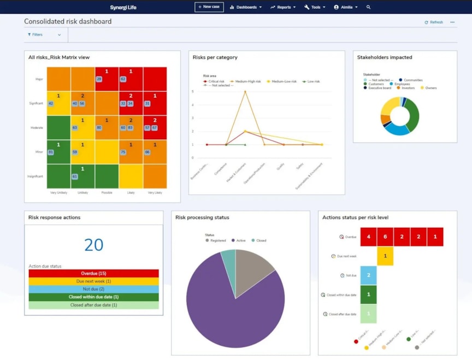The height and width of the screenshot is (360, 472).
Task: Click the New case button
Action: click(209, 7)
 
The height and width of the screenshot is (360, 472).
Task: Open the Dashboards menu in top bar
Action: click(245, 7)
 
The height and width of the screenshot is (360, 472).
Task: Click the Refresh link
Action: click(433, 22)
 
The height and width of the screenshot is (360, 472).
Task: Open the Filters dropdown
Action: click(44, 34)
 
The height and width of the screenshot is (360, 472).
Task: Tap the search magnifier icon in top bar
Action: click(368, 7)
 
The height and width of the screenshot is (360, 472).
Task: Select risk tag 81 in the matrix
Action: click(51, 152)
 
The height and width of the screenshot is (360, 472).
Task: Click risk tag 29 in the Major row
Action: click(99, 79)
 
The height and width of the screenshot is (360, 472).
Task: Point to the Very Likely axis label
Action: click(155, 192)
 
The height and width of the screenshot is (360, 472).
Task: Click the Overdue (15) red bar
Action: click(93, 273)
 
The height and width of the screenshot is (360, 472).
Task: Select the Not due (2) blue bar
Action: click(93, 289)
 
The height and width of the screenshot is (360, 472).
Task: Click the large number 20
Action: click(93, 245)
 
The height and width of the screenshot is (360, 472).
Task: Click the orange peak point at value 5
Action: click(245, 92)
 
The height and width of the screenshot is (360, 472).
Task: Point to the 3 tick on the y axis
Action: click(192, 118)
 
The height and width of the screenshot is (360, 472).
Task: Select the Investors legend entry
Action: click(406, 88)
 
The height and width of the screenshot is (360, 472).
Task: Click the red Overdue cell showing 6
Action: click(385, 237)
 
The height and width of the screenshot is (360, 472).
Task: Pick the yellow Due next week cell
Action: click(385, 256)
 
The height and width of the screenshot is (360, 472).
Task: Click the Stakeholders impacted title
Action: click(385, 57)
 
